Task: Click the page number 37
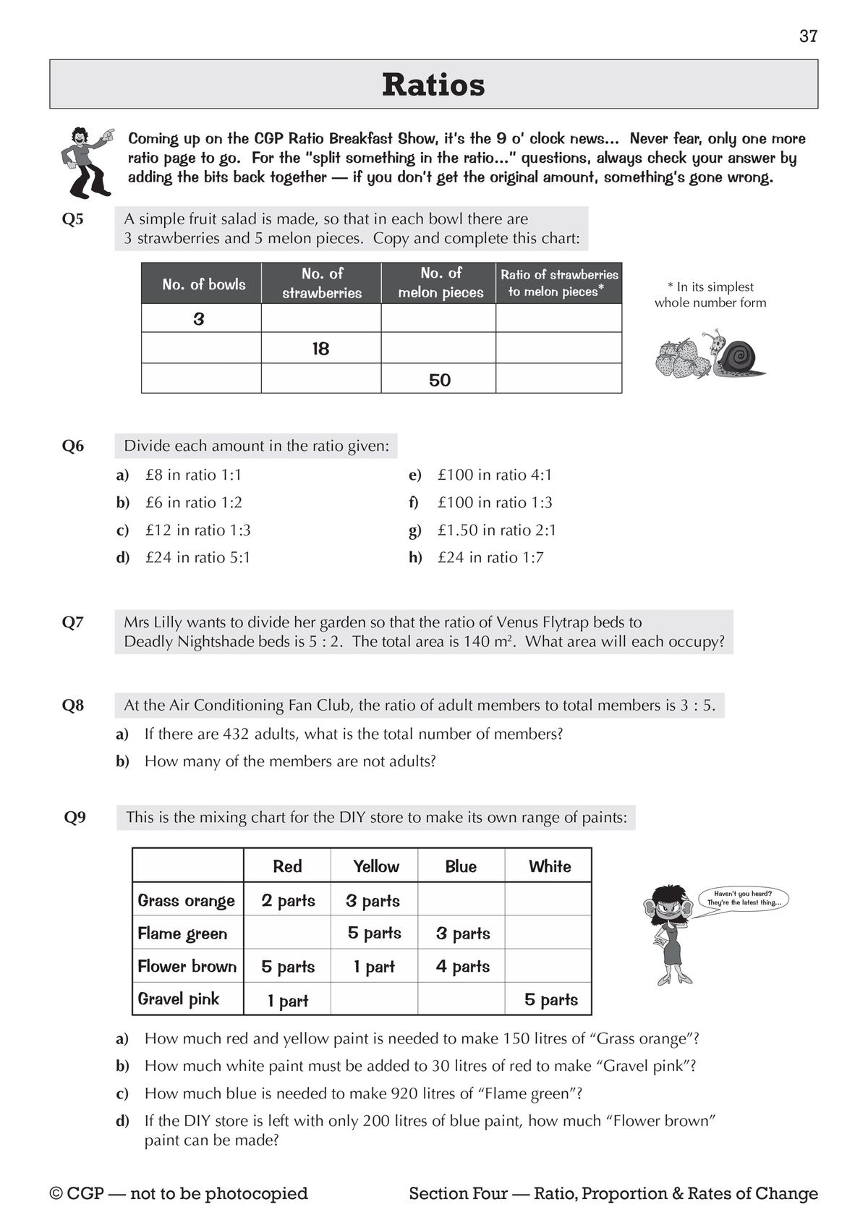(x=808, y=36)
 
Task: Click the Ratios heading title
(x=433, y=85)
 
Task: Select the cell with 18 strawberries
(x=320, y=349)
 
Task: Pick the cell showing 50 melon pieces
(x=439, y=380)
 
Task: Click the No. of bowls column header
(x=203, y=284)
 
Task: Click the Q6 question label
(x=73, y=446)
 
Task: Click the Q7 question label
(x=73, y=622)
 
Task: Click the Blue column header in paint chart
(x=461, y=867)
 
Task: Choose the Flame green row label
(x=182, y=933)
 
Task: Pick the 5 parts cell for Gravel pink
(x=550, y=1000)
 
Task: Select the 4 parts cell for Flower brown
(x=463, y=967)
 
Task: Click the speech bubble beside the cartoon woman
(x=744, y=899)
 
